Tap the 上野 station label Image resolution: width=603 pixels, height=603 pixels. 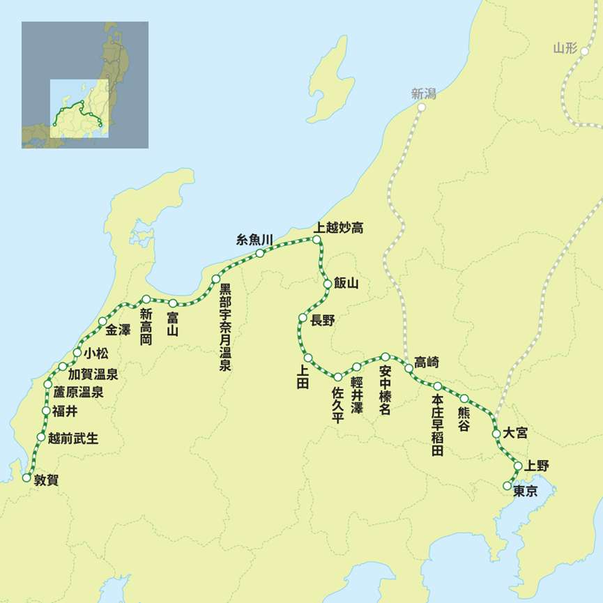pos(537,466)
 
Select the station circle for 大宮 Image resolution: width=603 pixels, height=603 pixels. pos(496,433)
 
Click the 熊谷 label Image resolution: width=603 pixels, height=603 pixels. pos(464,418)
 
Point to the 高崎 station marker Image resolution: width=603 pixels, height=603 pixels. pos(409,367)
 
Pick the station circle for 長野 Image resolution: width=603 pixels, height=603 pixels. pos(303,318)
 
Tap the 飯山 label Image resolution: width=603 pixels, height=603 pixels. pos(346,284)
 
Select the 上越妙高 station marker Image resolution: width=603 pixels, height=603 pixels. pos(316,240)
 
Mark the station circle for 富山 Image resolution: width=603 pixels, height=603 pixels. pos(173,303)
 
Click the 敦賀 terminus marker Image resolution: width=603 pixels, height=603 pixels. pos(26,478)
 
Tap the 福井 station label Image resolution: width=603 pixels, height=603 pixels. pos(65,411)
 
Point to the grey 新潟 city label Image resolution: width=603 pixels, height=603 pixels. pos(423,93)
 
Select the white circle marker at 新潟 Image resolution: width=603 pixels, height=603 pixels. pos(421,107)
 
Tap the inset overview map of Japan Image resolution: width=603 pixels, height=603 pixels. pos(85,85)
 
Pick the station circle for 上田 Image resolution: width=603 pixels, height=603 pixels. pos(308,358)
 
